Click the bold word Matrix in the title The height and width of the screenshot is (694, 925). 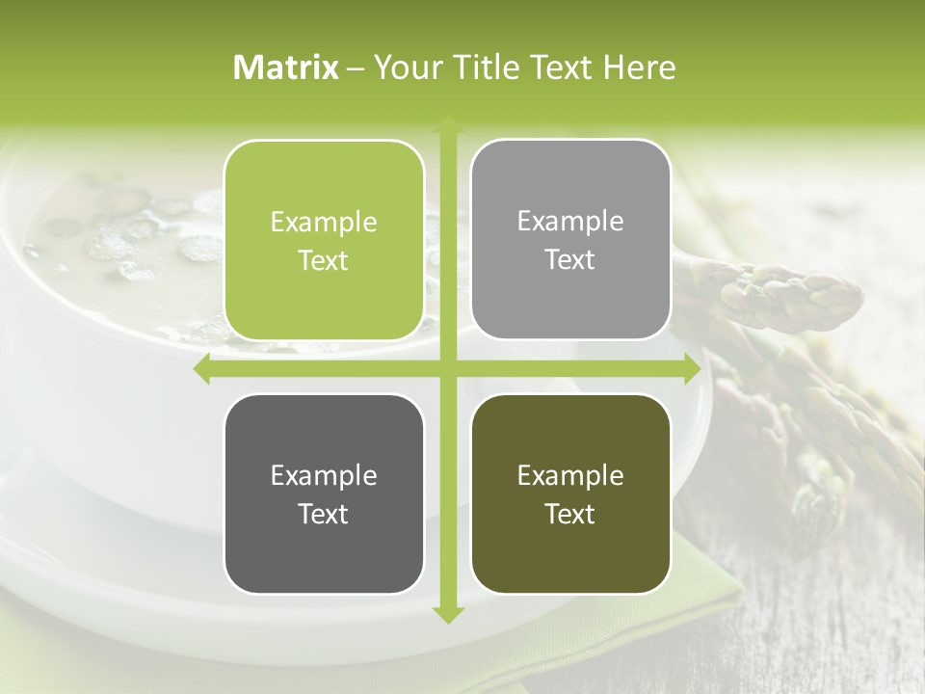click(x=286, y=67)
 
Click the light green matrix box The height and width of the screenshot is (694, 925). click(x=324, y=241)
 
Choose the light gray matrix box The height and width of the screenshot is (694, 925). click(x=570, y=240)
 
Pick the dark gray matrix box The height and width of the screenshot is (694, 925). click(x=324, y=494)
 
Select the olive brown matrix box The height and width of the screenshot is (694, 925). click(x=570, y=494)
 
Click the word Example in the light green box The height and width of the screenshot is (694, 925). click(x=324, y=223)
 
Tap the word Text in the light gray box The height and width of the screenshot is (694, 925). click(x=570, y=260)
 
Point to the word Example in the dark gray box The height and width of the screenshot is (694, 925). click(x=324, y=475)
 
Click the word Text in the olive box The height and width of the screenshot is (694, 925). click(x=570, y=514)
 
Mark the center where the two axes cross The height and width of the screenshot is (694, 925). click(x=447, y=369)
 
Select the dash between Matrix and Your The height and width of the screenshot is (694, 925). click(x=356, y=68)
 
